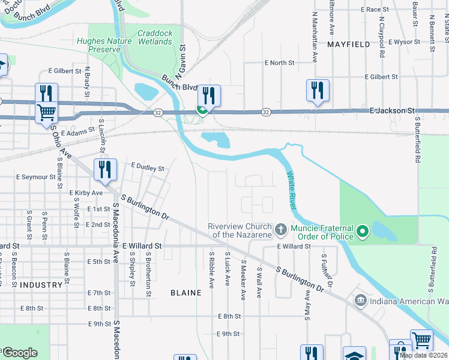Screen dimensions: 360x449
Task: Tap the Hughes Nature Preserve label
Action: (100, 45)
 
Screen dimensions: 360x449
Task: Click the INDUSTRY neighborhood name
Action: (41, 285)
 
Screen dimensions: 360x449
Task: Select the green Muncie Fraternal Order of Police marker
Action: (362, 231)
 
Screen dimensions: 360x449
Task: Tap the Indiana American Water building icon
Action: (360, 300)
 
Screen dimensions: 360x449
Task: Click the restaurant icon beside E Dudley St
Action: (105, 170)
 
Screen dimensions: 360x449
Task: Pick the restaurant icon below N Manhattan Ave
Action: (316, 91)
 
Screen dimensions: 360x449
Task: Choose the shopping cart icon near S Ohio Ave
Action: (46, 112)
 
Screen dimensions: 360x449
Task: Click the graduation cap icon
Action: (354, 355)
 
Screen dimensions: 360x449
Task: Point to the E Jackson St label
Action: (393, 111)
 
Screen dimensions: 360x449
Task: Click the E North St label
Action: (280, 62)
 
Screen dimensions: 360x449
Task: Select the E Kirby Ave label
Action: (86, 193)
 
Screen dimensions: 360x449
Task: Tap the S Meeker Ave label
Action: (244, 278)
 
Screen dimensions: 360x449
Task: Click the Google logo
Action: (20, 353)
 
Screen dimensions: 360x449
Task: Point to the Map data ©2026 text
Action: (423, 355)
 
